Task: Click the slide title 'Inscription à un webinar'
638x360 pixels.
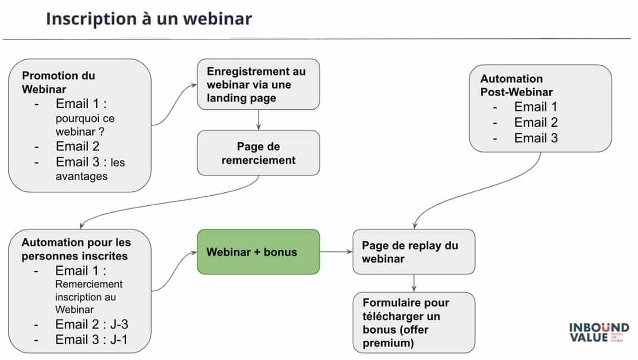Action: click(x=149, y=19)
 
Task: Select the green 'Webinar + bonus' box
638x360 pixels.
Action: click(x=258, y=251)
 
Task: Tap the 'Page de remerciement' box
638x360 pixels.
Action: click(x=258, y=153)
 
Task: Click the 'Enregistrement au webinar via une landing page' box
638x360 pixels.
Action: click(x=258, y=84)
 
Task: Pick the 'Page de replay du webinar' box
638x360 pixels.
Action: click(x=414, y=252)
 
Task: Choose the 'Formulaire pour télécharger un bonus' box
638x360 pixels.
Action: click(x=414, y=322)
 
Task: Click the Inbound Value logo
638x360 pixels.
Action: click(x=598, y=332)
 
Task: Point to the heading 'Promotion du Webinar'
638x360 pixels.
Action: click(x=59, y=82)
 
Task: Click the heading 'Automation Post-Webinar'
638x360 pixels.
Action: click(x=516, y=85)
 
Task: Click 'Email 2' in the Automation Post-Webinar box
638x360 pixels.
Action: click(x=536, y=123)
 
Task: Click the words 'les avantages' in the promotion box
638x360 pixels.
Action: click(x=90, y=169)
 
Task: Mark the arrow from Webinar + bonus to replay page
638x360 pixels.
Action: click(x=336, y=252)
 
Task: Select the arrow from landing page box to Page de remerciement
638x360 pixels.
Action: click(x=258, y=120)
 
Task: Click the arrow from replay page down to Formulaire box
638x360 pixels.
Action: click(x=414, y=283)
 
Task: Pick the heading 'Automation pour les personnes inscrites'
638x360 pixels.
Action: click(x=76, y=249)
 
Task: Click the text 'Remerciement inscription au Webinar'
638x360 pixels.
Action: click(x=88, y=296)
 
